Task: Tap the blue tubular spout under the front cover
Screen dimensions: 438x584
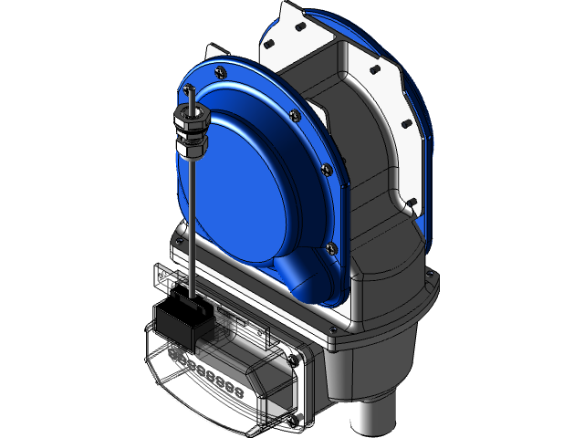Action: (305, 275)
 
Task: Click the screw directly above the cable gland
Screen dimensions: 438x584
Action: (188, 87)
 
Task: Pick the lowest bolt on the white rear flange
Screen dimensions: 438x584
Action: (412, 202)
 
